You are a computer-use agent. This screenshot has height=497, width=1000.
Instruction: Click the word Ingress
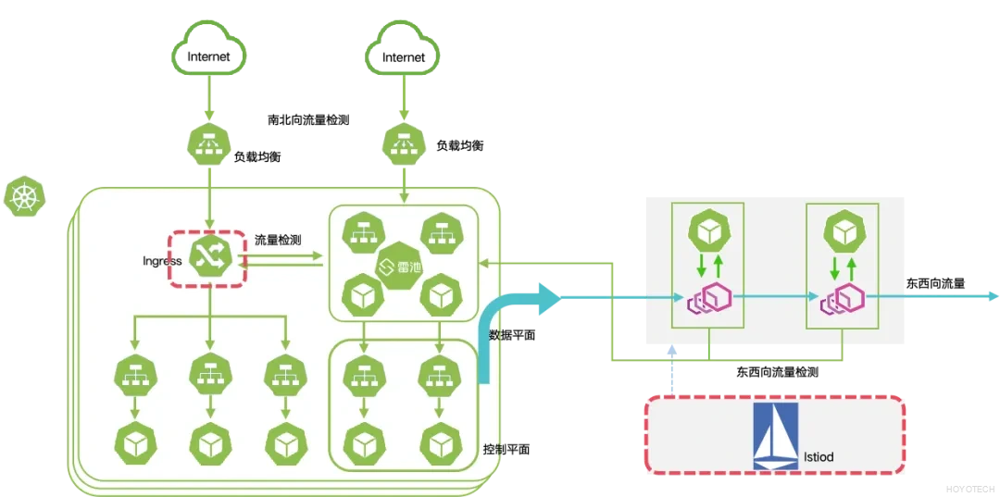coord(162,261)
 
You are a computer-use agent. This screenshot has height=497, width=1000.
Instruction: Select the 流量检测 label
coord(277,241)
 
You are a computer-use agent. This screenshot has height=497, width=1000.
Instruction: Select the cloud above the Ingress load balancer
coord(210,50)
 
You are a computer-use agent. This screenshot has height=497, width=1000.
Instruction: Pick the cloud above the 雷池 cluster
coord(404,50)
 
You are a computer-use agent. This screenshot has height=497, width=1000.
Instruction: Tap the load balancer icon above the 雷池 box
coord(404,143)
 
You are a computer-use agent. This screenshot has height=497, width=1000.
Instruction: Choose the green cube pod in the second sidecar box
coord(844,230)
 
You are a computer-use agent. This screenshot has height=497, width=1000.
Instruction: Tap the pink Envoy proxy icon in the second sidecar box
coord(844,299)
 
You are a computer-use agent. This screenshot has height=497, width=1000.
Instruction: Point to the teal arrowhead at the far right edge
coord(992,296)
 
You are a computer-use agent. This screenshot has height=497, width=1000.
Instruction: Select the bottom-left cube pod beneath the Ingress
coord(134,442)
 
